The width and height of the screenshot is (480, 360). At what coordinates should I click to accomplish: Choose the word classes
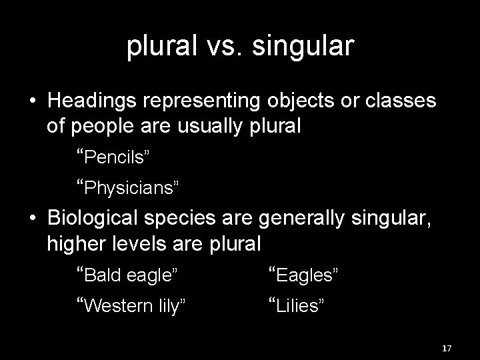point(403,101)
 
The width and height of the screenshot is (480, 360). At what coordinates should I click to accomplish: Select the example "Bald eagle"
point(127,274)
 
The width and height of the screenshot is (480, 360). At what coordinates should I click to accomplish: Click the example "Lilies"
point(296,305)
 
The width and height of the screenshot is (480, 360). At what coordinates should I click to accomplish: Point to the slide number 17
point(447,349)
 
